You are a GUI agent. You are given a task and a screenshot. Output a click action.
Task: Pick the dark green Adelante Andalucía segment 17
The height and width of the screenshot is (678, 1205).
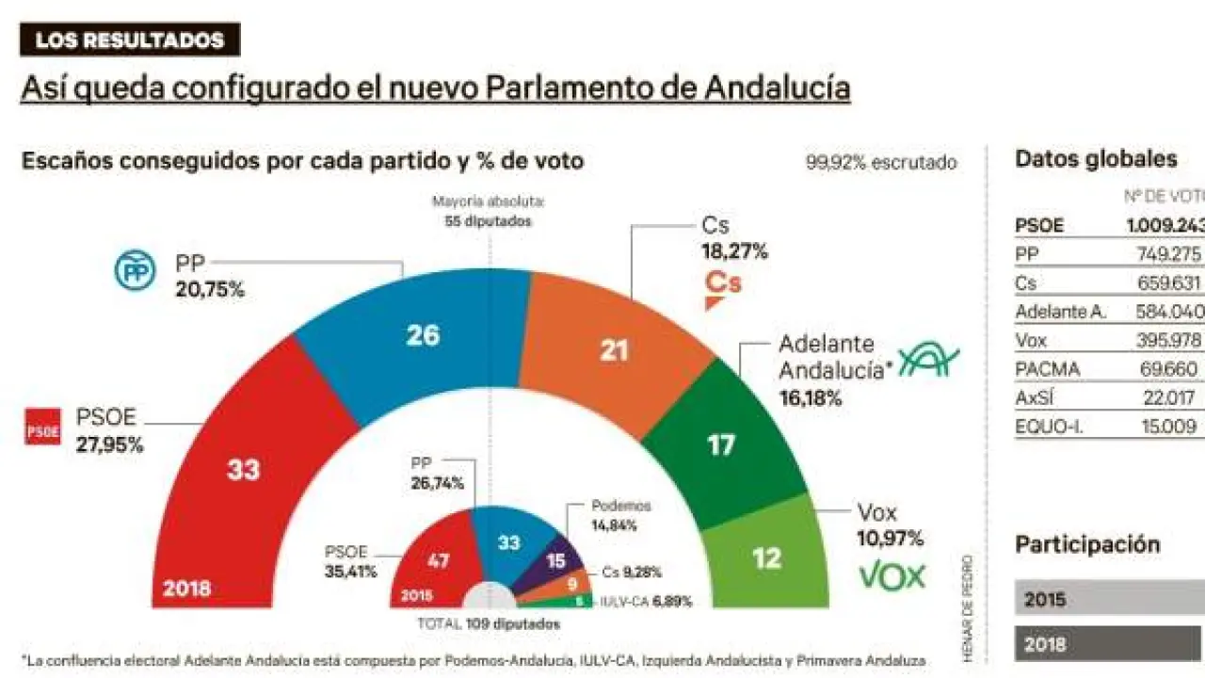tap(720, 444)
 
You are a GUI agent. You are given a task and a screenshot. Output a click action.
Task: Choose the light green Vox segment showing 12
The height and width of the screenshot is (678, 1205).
tap(767, 557)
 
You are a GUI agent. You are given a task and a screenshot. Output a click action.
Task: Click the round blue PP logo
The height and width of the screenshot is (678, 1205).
tap(133, 270)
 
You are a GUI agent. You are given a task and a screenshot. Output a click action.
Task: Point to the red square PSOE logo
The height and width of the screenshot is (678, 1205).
tap(42, 427)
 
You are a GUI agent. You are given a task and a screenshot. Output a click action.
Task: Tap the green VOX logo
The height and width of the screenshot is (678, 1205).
tap(892, 575)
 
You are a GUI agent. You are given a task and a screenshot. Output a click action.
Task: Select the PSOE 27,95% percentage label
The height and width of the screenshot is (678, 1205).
tap(109, 444)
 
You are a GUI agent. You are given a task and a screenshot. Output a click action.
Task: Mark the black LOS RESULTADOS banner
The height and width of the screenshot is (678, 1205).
tap(130, 40)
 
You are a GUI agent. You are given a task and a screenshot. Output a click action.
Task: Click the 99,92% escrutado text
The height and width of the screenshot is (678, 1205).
tap(880, 162)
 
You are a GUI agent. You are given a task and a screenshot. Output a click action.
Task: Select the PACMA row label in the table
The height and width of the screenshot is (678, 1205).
tap(1047, 369)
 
